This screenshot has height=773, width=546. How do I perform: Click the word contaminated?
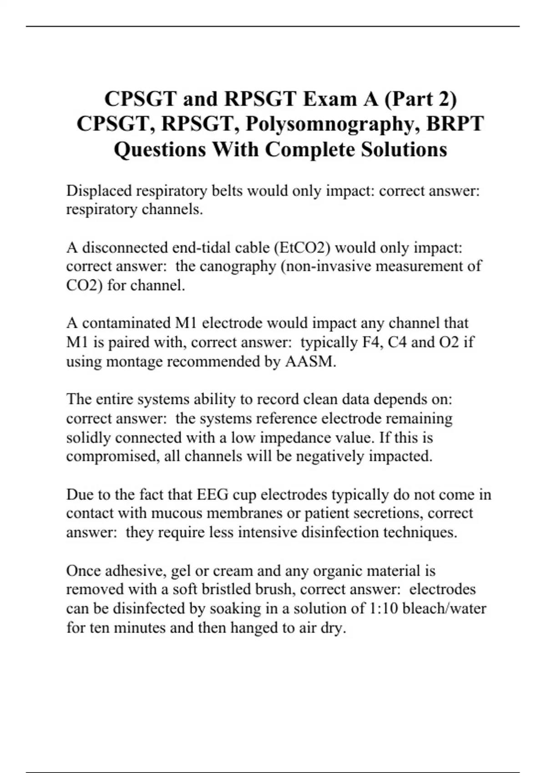[x=126, y=323]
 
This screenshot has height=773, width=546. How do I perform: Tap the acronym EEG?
[x=213, y=494]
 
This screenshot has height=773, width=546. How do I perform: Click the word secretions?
[x=388, y=513]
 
